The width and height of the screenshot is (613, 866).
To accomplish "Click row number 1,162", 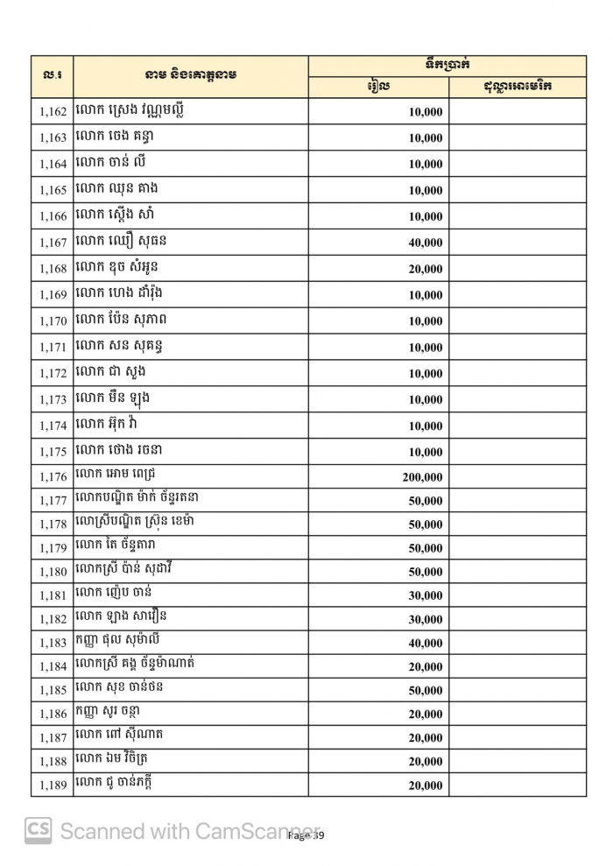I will click(x=53, y=112).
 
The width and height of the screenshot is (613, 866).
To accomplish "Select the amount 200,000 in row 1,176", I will click(x=422, y=478).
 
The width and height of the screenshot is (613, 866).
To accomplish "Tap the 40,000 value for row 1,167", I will click(x=426, y=243).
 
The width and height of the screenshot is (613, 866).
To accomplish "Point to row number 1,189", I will click(x=53, y=785).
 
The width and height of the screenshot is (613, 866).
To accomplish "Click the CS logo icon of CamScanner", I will click(x=38, y=830).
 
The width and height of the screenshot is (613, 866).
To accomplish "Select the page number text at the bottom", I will click(x=306, y=836).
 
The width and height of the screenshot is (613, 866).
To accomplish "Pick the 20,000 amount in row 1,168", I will click(x=426, y=269).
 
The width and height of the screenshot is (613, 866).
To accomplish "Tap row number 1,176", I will click(x=53, y=478).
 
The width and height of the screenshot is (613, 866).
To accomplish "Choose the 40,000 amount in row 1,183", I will click(x=426, y=644).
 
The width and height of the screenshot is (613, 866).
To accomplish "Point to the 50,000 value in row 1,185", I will click(x=426, y=691).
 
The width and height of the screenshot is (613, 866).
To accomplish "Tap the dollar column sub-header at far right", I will click(x=517, y=87).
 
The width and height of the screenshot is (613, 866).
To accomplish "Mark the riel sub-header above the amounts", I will click(x=378, y=87).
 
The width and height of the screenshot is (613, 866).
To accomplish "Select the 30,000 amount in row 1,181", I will click(x=426, y=596).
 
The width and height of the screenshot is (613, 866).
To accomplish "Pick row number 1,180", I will click(x=53, y=573).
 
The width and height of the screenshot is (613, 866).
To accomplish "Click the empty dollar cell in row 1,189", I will click(x=517, y=785).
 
